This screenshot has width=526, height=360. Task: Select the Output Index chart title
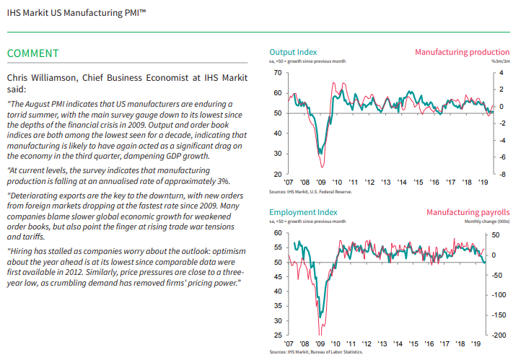[x=292, y=53]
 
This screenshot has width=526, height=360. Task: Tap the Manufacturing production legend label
[x=462, y=53]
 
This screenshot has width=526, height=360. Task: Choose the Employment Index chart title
[x=303, y=213]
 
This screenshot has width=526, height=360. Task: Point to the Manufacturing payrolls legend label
[x=468, y=213]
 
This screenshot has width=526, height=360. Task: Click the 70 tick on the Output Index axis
[x=278, y=74]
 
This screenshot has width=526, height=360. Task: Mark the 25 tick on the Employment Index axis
[x=278, y=335]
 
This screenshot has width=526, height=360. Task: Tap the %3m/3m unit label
[x=500, y=62]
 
